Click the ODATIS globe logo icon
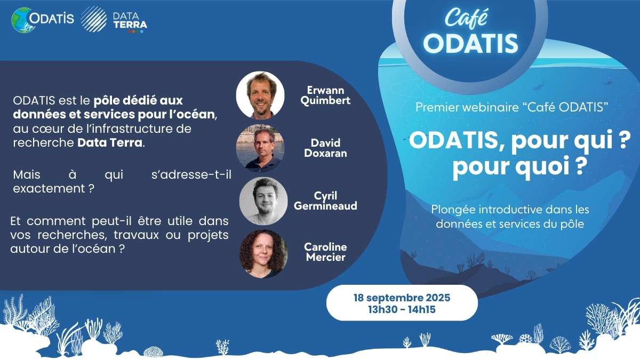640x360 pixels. pyautogui.click(x=22, y=20)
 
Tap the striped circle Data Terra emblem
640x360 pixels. pyautogui.click(x=94, y=19)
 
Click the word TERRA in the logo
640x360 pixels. pyautogui.click(x=130, y=25)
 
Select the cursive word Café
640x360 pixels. pyautogui.click(x=466, y=18)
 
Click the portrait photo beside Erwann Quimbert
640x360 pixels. pyautogui.click(x=260, y=95)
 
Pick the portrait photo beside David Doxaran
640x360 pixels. pyautogui.click(x=260, y=148)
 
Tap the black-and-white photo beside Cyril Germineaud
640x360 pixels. pyautogui.click(x=263, y=201)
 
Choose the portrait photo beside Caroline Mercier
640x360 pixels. pyautogui.click(x=263, y=254)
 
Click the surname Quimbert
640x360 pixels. pyautogui.click(x=325, y=101)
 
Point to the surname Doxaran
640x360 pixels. pyautogui.click(x=325, y=153)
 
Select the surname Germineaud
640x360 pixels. pyautogui.click(x=325, y=206)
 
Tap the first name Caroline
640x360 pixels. pyautogui.click(x=325, y=247)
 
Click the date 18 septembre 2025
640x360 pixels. pyautogui.click(x=402, y=298)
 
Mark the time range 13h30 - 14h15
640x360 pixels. pyautogui.click(x=402, y=309)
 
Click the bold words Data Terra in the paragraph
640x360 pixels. pyautogui.click(x=110, y=142)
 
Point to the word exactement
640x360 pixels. pyautogui.click(x=49, y=189)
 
